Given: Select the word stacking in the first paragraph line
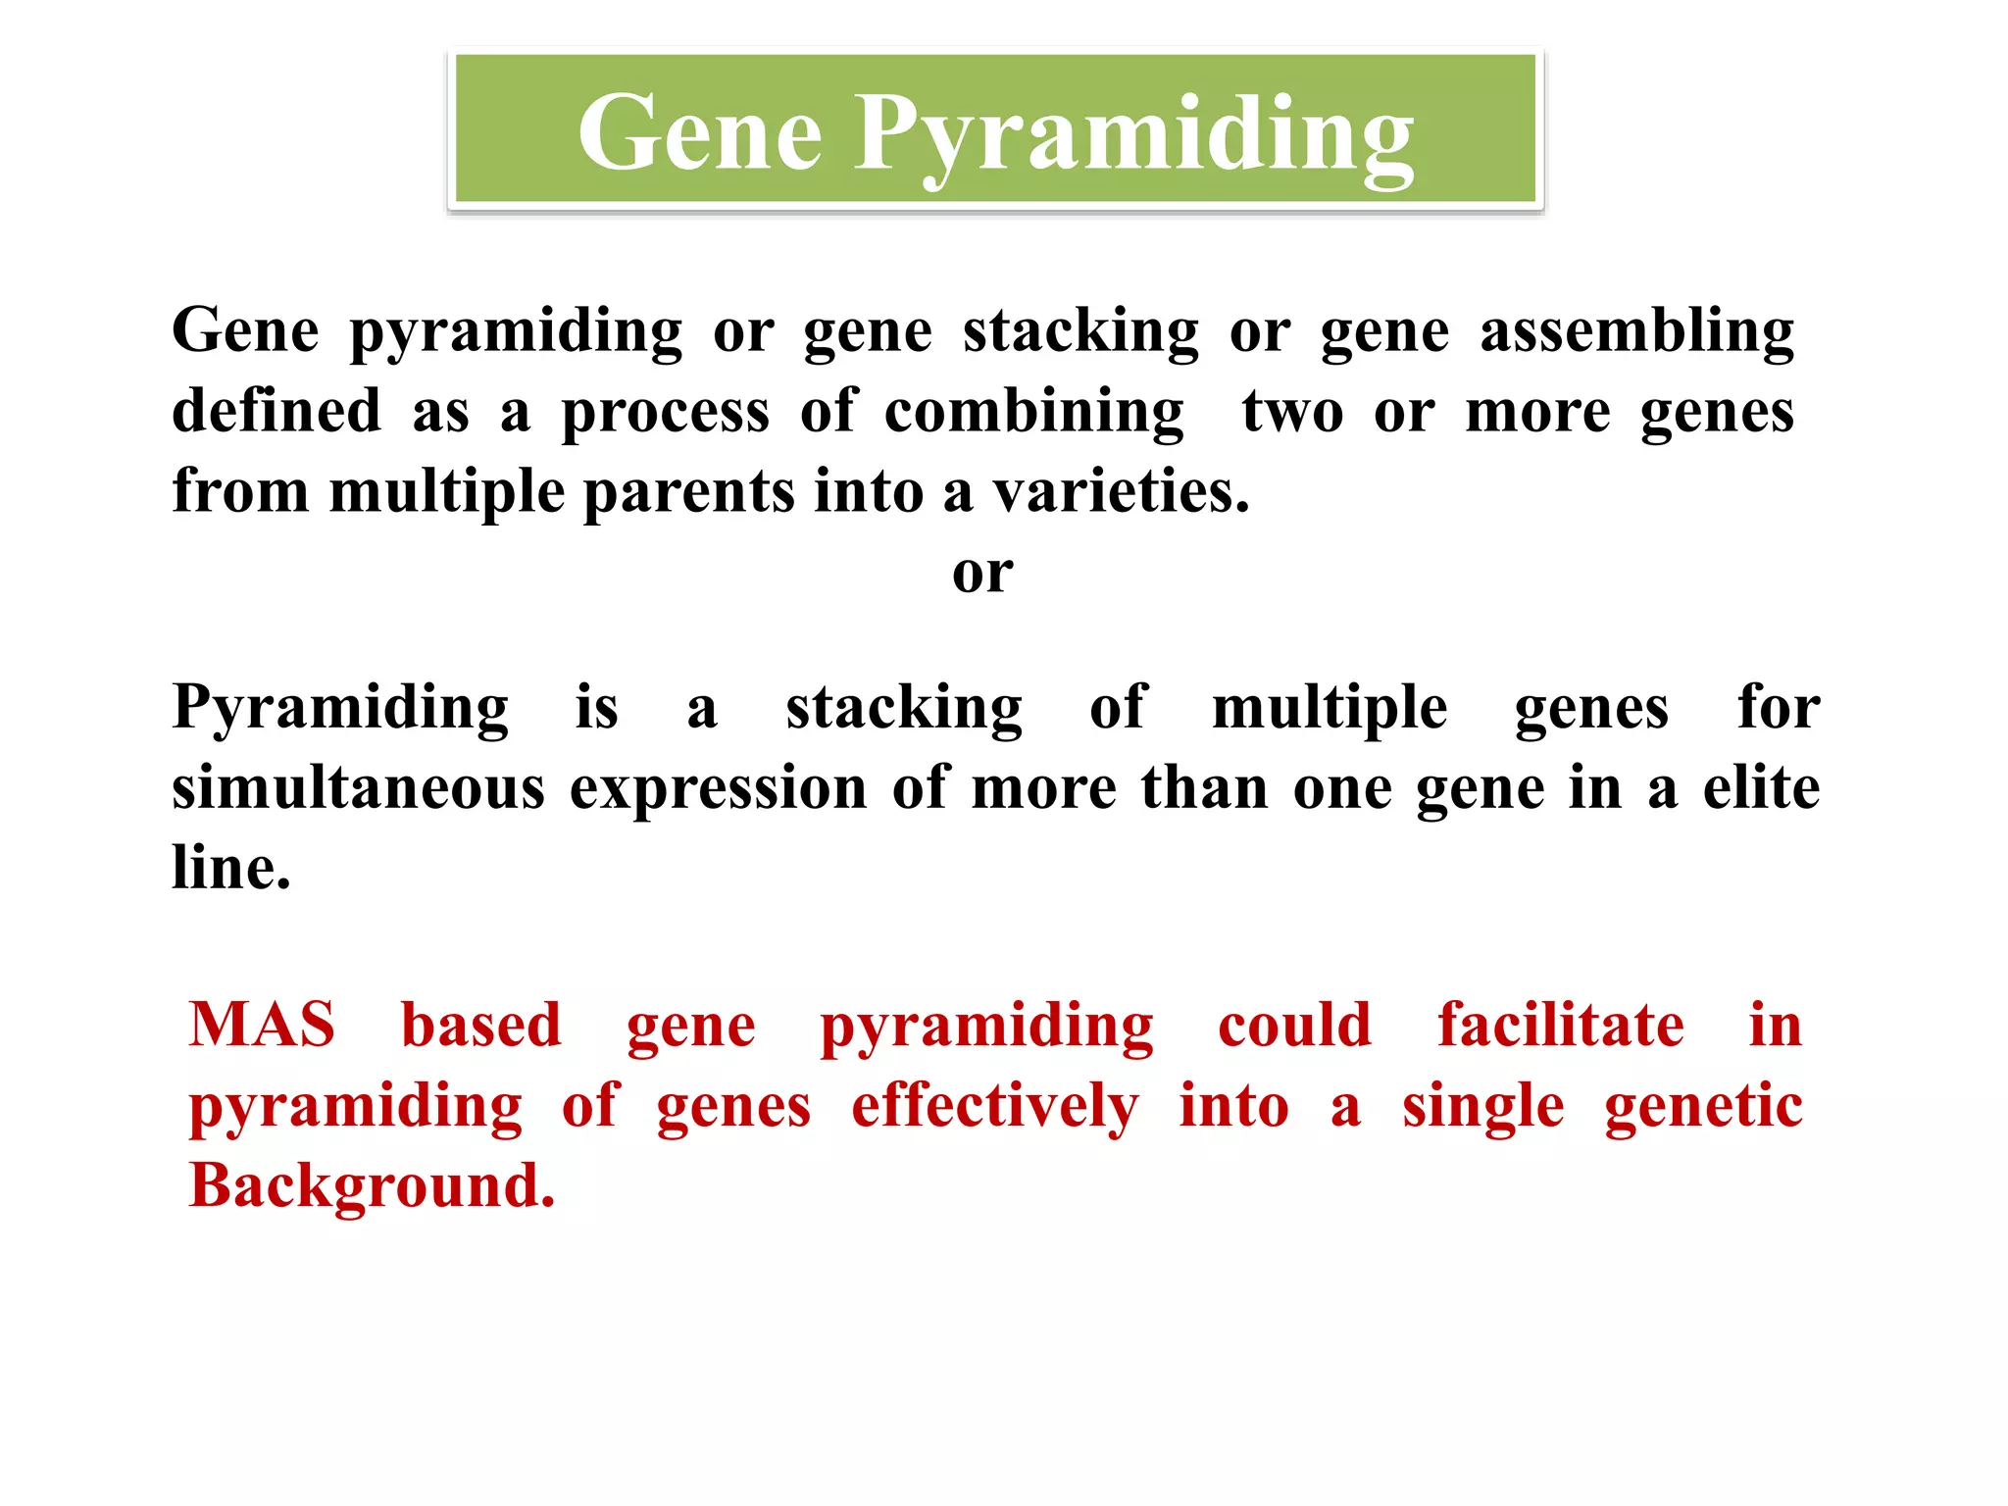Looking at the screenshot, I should tap(1080, 331).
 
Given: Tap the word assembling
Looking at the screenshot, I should tap(1636, 331).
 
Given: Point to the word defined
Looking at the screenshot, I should tap(276, 411).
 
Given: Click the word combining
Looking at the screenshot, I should tap(1033, 412).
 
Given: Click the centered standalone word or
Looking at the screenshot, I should tap(982, 573).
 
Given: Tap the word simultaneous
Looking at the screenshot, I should tap(358, 787).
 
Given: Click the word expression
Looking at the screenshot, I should tap(718, 789).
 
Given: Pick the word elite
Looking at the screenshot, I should tap(1761, 787).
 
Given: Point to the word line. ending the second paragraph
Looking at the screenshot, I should tap(231, 868).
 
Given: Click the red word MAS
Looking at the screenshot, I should tap(262, 1025).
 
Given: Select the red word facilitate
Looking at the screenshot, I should tap(1561, 1025).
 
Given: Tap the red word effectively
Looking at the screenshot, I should tap(994, 1107).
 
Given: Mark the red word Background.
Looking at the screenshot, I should tap(372, 1186).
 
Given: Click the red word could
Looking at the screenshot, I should tap(1294, 1025).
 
